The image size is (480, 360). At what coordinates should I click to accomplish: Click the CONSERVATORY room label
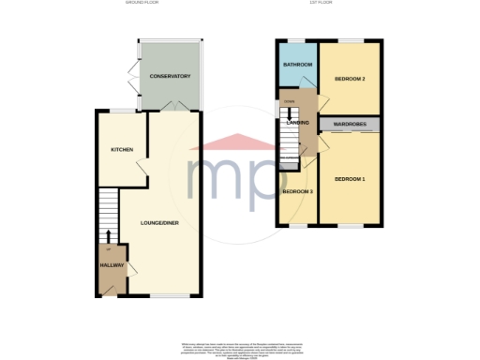(x=170, y=76)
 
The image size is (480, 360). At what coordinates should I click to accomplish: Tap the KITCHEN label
(x=122, y=150)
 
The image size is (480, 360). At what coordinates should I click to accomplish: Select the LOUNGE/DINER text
(x=158, y=222)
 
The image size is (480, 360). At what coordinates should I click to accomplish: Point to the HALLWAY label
(x=112, y=265)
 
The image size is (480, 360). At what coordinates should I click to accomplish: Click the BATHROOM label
(x=298, y=65)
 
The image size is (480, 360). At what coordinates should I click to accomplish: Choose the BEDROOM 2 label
(x=350, y=79)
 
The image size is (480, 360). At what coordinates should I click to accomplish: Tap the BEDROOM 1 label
(x=350, y=178)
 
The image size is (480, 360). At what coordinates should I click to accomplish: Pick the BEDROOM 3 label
(x=297, y=192)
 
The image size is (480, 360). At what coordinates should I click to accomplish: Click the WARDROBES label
(x=350, y=124)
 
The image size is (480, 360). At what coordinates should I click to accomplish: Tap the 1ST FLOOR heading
(x=335, y=4)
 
